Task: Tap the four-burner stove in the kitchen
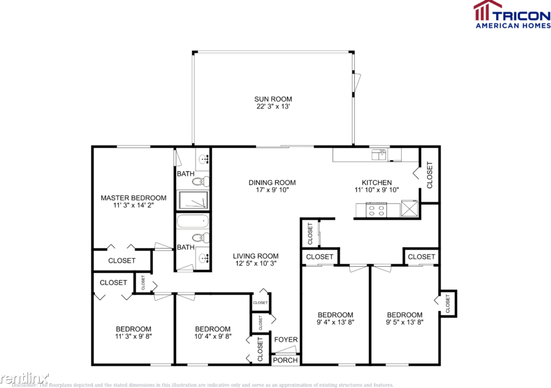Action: click(x=376, y=210)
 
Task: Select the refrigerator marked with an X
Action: click(x=410, y=210)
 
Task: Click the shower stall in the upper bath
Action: click(x=193, y=200)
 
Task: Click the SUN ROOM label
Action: click(x=273, y=99)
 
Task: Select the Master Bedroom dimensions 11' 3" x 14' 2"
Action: click(x=133, y=206)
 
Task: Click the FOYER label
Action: click(x=285, y=340)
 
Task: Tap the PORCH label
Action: click(x=285, y=360)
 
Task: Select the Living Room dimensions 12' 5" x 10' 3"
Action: click(x=255, y=264)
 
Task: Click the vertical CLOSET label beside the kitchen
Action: click(x=429, y=175)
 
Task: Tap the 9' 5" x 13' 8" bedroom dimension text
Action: click(x=404, y=322)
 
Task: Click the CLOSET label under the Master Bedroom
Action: click(x=121, y=261)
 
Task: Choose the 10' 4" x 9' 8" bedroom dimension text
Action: click(x=213, y=336)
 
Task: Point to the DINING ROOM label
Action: click(x=272, y=183)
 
